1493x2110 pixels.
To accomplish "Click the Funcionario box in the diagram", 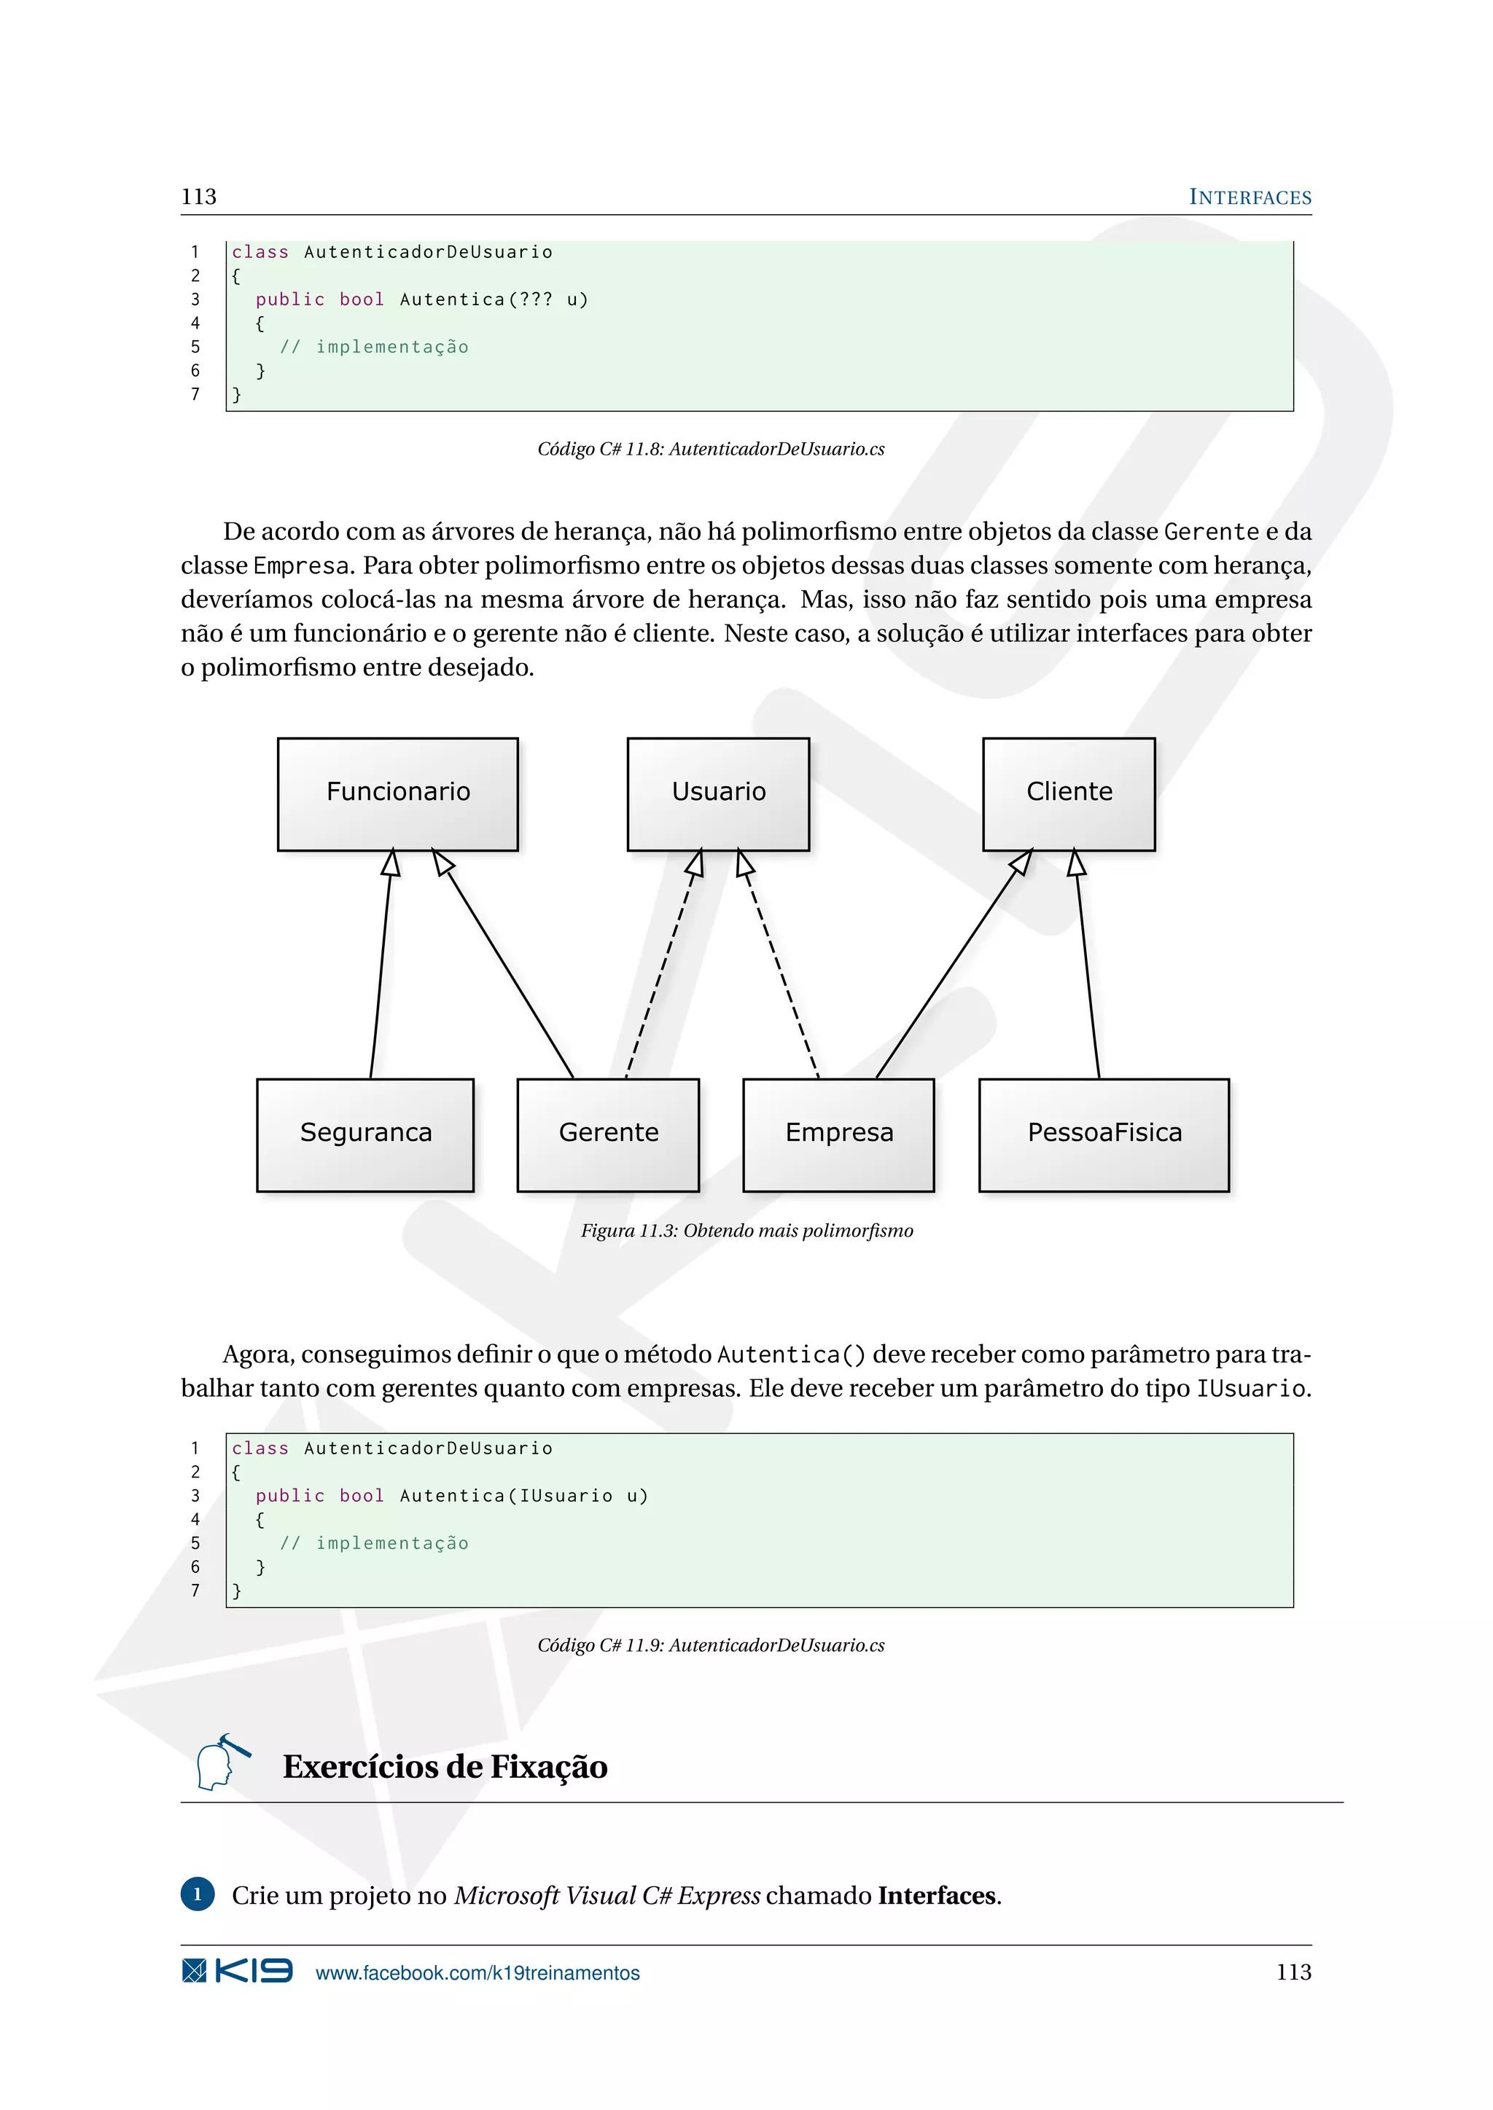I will click(397, 793).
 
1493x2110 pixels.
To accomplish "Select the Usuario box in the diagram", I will click(718, 793).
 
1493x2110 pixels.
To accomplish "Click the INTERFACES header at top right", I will click(1250, 197).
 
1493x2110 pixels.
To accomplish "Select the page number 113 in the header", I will click(198, 197).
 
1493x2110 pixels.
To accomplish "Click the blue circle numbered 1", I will click(198, 1894).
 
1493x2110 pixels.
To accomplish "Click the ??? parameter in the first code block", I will click(537, 299).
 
